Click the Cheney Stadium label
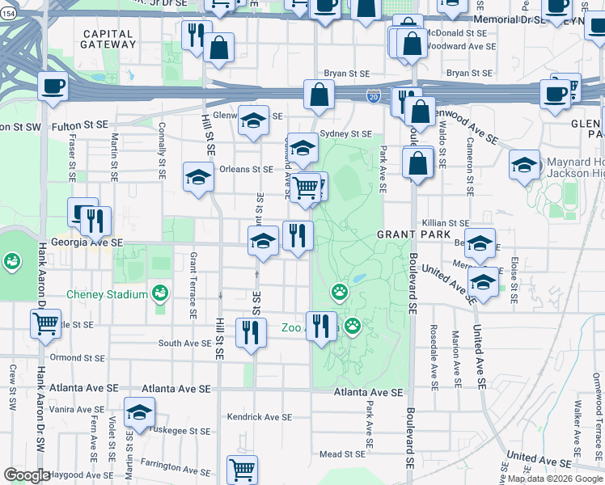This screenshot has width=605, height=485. click(107, 294)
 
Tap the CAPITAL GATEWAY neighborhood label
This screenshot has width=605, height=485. click(109, 39)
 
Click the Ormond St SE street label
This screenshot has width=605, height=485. click(77, 357)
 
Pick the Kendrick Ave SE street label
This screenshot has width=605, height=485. click(259, 417)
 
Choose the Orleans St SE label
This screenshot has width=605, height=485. click(246, 170)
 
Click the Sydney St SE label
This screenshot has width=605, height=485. click(345, 134)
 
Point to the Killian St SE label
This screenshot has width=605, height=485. click(445, 222)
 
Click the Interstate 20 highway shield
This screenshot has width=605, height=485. click(373, 96)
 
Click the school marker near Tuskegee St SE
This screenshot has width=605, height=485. click(139, 411)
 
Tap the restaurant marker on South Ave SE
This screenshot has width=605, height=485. click(251, 331)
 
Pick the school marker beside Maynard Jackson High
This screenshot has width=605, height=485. click(524, 165)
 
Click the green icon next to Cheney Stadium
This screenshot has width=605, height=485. click(161, 293)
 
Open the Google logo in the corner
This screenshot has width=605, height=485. click(27, 476)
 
